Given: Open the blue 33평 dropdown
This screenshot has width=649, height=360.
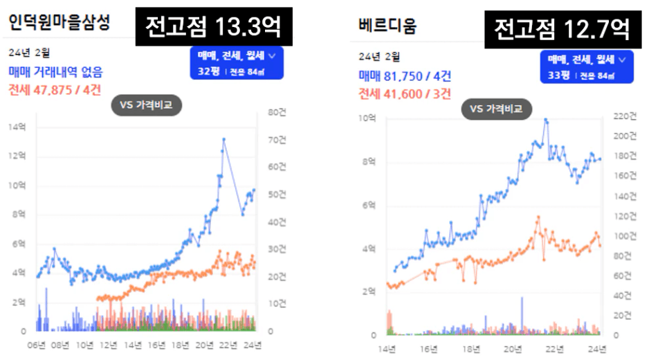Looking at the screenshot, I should [x=587, y=66].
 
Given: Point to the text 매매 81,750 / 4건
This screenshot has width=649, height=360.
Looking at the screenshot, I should [x=405, y=77].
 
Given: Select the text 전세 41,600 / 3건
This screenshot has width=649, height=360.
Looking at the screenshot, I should [x=405, y=93].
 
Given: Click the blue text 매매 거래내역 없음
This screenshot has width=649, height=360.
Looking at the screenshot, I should [x=55, y=71].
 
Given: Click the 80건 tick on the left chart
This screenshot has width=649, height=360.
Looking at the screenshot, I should [x=268, y=112].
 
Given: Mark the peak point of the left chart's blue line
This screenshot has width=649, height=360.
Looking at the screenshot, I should [x=223, y=139].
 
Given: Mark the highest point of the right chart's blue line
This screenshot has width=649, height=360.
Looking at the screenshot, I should [x=546, y=120].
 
